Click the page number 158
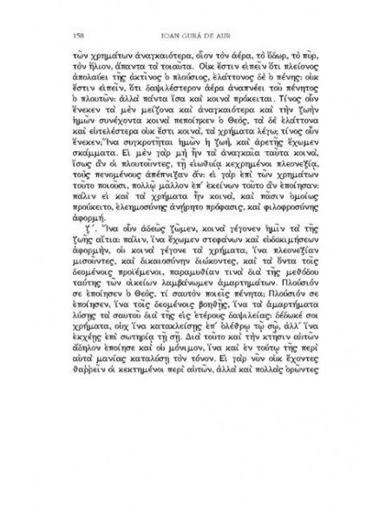click(68, 35)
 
